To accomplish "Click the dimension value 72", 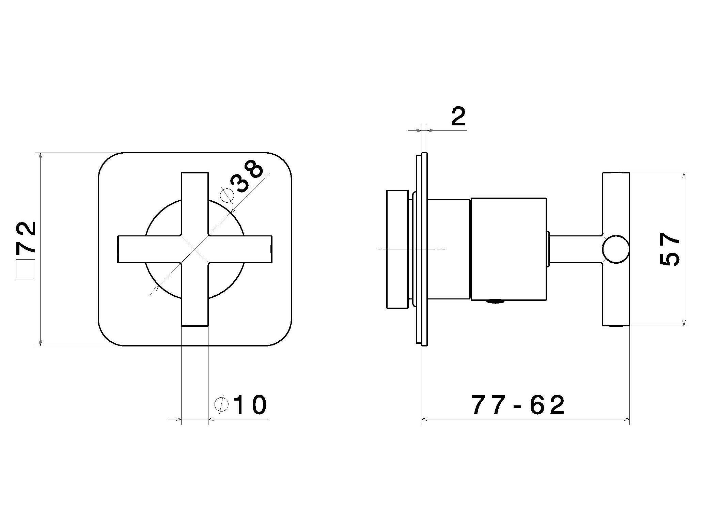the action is pos(26,238).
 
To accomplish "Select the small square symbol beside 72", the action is pos(26,269).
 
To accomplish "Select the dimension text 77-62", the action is pos(518,405).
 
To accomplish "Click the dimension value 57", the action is pos(669,249).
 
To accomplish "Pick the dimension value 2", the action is pos(458,117).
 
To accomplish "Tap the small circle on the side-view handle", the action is pos(615,249).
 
